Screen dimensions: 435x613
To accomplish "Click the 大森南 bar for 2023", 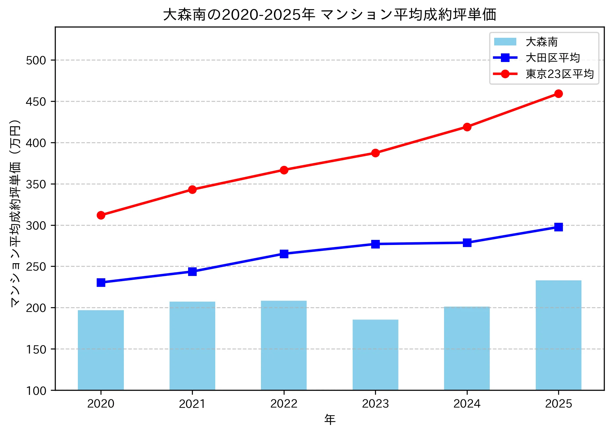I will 375,355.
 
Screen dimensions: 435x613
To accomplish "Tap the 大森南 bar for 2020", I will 101,350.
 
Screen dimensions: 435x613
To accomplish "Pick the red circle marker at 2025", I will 558,94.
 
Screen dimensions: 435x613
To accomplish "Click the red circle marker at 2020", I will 101,215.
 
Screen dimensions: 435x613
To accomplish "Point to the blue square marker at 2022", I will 284,254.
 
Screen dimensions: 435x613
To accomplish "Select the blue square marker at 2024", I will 467,243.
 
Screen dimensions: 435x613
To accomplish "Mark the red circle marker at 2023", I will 375,153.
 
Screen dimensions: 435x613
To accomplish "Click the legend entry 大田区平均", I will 553,58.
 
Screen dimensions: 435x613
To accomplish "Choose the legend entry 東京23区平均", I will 559,74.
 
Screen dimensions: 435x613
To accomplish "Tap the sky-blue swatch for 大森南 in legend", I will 505,42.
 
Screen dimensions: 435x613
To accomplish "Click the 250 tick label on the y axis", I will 36,267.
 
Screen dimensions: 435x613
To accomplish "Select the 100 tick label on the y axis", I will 36,391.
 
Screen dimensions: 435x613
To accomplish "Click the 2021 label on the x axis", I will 192,404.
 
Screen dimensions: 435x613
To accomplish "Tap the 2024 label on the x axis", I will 467,404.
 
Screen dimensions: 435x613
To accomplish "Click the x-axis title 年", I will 330,420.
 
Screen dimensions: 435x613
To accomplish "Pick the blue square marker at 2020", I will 101,282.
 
